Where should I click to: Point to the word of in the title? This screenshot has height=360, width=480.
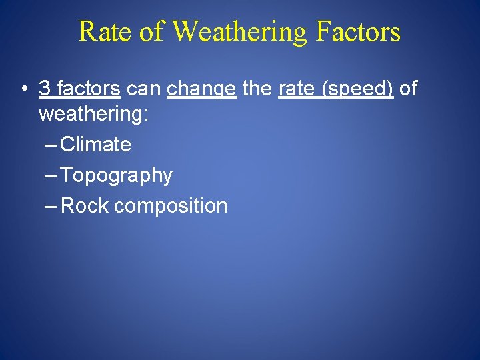(150, 31)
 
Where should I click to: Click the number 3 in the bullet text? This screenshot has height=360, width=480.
(45, 88)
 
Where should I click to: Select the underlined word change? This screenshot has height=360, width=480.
(202, 89)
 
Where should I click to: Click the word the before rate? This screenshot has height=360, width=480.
(257, 88)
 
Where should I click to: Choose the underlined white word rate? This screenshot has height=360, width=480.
(296, 88)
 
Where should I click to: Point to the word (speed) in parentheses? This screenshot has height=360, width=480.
(357, 89)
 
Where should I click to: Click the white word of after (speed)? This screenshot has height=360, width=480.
(408, 88)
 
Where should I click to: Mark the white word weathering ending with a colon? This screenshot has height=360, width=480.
(94, 114)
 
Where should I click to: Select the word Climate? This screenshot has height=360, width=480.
(95, 144)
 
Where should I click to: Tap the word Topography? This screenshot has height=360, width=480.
(117, 176)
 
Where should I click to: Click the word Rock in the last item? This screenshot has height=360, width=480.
(84, 206)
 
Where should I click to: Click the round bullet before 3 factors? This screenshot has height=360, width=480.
(23, 89)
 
